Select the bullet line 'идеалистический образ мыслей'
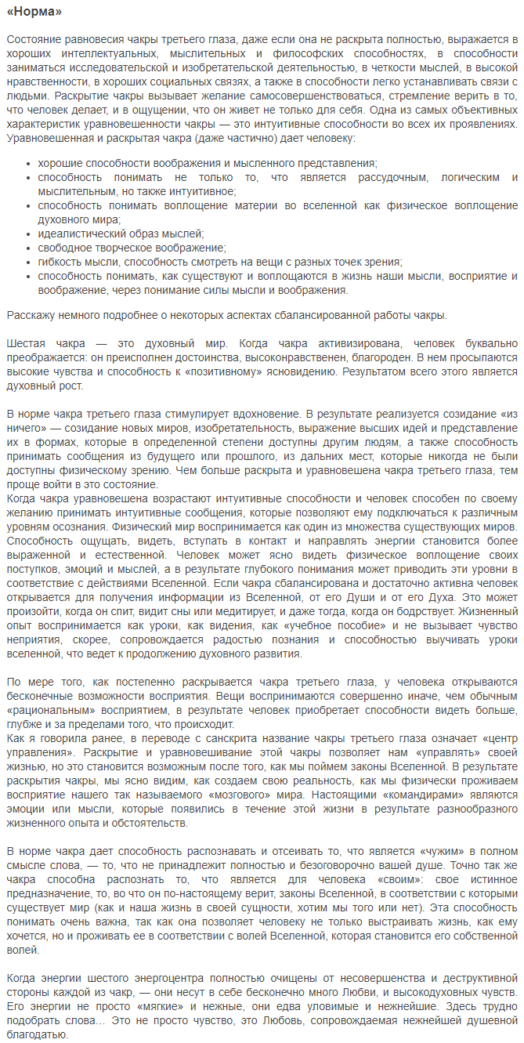(x=120, y=234)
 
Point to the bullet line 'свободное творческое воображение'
(x=131, y=248)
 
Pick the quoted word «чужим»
(x=421, y=851)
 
